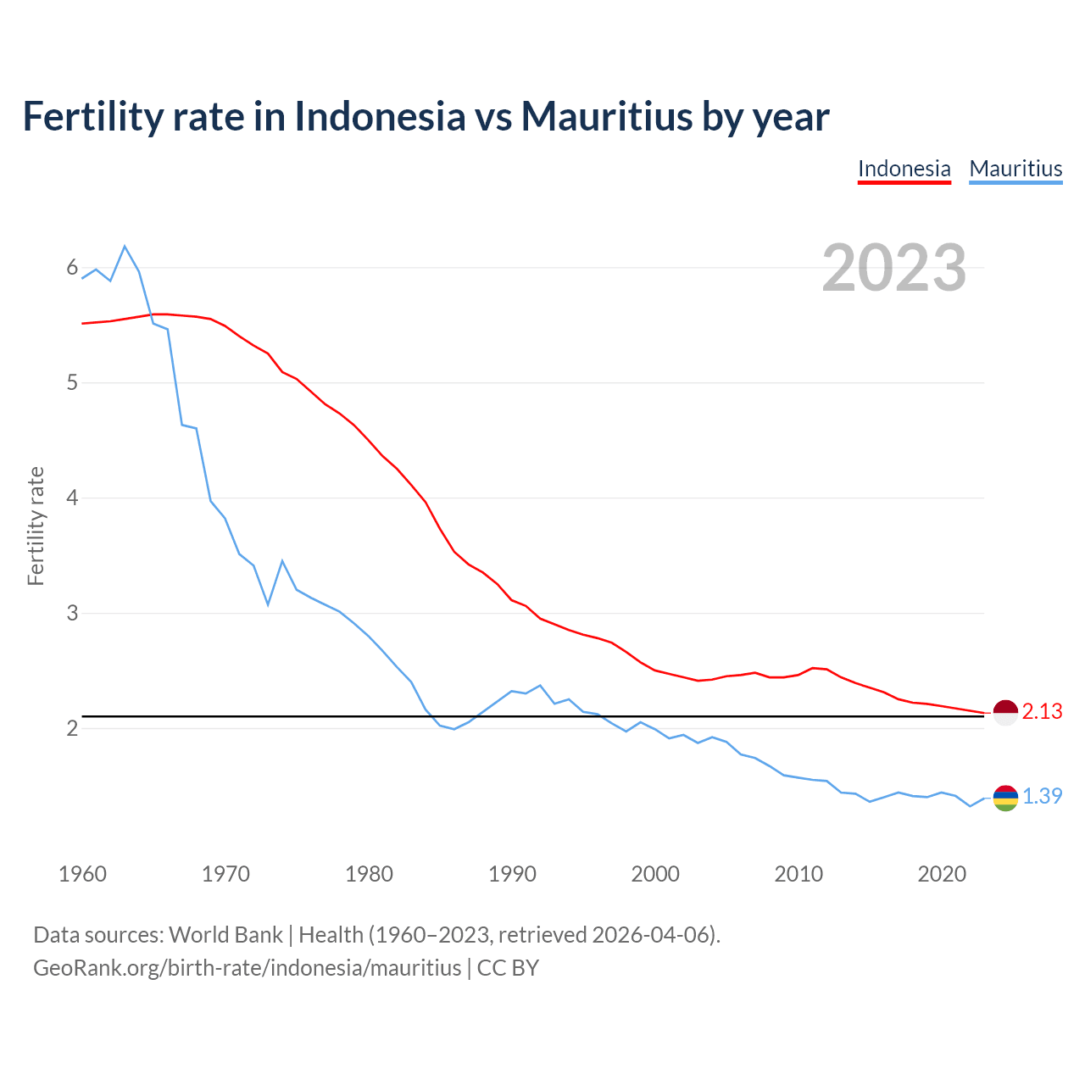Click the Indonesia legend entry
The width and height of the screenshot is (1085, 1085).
click(x=904, y=169)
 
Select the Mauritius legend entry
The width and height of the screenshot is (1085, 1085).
click(x=1015, y=169)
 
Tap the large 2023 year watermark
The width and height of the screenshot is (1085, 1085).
click(x=894, y=268)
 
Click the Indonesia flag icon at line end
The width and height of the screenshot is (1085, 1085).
click(x=1005, y=713)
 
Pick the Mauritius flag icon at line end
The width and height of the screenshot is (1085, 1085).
click(x=1005, y=798)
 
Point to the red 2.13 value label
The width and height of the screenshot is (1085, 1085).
click(x=1042, y=712)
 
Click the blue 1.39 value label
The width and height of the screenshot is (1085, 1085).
click(x=1042, y=797)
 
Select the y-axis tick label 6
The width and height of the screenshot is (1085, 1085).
click(x=72, y=268)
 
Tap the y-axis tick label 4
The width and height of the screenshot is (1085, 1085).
click(x=72, y=498)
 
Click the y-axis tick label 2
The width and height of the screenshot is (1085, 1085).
click(x=72, y=728)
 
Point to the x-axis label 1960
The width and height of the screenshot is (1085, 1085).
click(x=82, y=874)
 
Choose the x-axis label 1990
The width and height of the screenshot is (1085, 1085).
click(x=512, y=874)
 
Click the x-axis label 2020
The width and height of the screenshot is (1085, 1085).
click(x=942, y=874)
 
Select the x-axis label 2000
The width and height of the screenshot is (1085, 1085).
click(x=655, y=874)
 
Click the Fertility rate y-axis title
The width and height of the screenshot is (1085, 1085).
click(x=36, y=526)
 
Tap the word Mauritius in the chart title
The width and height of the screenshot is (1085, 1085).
click(x=606, y=116)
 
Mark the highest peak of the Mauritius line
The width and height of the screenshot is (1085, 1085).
click(x=125, y=246)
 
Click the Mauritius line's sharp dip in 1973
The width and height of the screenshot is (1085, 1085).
click(x=268, y=604)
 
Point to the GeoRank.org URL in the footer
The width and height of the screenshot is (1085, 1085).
click(x=247, y=968)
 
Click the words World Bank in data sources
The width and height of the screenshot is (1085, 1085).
click(x=225, y=935)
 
